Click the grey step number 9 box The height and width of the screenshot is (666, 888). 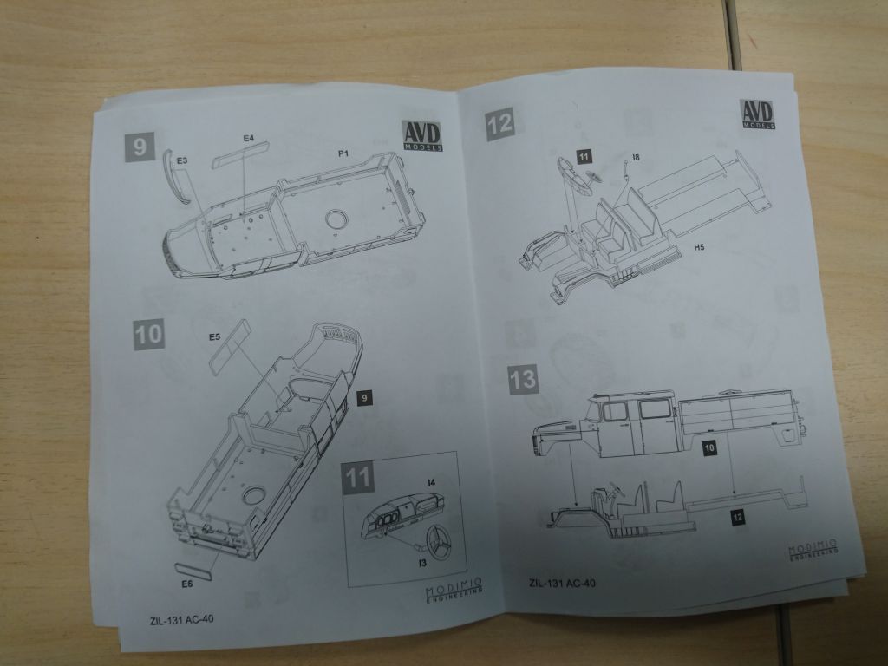coord(140,146)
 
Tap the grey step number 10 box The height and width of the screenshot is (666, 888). coord(149,334)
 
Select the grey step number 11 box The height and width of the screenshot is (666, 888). coord(357,478)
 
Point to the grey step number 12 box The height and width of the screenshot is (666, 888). coord(499,124)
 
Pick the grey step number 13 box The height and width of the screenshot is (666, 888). coord(523,380)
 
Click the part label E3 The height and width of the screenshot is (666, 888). coord(182,160)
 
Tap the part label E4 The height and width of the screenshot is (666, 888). coord(249,138)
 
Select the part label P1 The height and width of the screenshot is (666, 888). coord(343,153)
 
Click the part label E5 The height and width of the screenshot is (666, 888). coord(214,337)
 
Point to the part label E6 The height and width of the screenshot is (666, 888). coord(187,584)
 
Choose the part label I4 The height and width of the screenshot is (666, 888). coord(432,482)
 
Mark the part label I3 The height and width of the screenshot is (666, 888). coord(422,563)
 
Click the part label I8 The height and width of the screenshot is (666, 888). coord(636,157)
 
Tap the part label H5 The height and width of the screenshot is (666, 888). coord(699,247)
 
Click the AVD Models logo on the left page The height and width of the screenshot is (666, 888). coord(422,136)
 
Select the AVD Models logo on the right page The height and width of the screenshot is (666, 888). coord(757,114)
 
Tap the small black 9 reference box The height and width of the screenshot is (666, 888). coord(364,398)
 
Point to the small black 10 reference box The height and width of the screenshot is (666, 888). coord(709,448)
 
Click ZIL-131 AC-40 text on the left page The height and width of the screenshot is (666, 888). coord(182,619)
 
